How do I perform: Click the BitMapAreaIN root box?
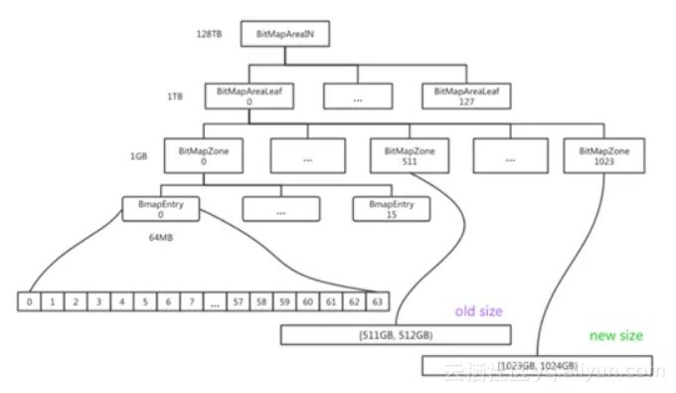[x=285, y=36]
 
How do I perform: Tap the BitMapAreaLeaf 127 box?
[x=466, y=96]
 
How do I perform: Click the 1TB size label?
[x=175, y=97]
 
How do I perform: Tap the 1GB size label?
[x=139, y=156]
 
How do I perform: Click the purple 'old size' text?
[x=479, y=311]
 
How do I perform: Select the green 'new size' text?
[x=616, y=335]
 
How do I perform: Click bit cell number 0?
[x=31, y=300]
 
